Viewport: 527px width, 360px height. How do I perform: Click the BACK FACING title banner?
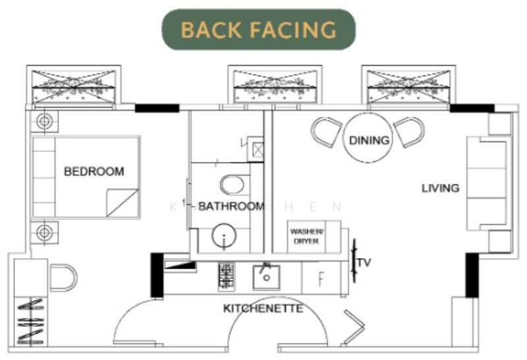pos(258,30)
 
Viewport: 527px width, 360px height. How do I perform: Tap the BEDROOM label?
pos(94,172)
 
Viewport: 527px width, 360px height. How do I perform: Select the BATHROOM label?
pos(231,206)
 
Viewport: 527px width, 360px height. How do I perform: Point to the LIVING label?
pos(440,188)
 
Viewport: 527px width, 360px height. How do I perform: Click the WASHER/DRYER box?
pos(306,236)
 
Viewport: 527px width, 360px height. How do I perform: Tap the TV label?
pos(364,263)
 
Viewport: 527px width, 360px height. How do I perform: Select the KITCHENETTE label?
pos(263,308)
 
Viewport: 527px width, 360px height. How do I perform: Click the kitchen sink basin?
pos(266,277)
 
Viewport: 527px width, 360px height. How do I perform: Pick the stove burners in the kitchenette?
pos(227,276)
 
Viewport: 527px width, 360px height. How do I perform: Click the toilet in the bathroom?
pos(232,184)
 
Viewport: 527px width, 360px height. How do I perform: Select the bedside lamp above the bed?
pos(44,122)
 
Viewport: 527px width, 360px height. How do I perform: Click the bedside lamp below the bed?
pos(44,232)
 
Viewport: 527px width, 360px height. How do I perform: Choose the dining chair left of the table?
pos(325,132)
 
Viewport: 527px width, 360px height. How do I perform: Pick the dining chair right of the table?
pos(409,132)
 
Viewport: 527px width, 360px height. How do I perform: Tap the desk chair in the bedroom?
pos(63,277)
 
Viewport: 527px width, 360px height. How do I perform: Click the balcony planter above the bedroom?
pos(74,86)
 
